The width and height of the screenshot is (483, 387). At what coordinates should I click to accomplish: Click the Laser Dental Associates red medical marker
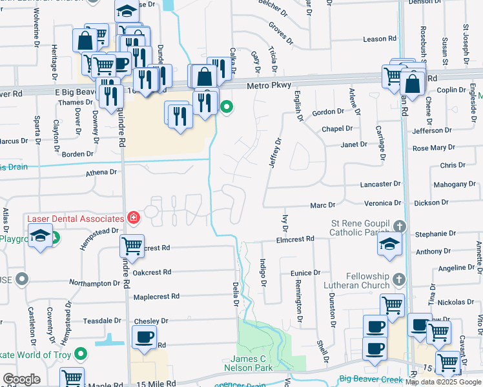point(134,218)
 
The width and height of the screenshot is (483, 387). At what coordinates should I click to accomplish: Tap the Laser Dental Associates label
point(76,218)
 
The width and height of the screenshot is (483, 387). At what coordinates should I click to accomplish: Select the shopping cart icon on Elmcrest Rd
point(132,246)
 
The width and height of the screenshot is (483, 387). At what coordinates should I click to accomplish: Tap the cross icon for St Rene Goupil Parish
point(400,226)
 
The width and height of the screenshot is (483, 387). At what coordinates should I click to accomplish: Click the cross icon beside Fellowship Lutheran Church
point(399,279)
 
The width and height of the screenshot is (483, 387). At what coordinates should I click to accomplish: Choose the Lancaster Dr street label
point(382,184)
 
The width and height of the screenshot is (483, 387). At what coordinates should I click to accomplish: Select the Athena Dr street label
point(102,172)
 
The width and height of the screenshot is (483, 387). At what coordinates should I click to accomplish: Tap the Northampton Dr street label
point(94,283)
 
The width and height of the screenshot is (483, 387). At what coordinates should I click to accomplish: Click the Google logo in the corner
point(21,379)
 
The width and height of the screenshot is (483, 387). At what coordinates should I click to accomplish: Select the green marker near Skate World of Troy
point(81,354)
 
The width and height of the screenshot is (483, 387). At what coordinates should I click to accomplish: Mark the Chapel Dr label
point(338,129)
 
